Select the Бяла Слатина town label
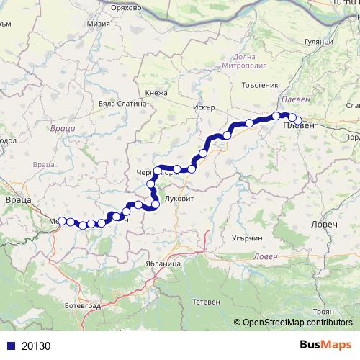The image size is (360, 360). click(x=122, y=103)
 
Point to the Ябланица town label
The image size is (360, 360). click(x=163, y=264)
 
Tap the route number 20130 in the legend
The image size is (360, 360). click(x=35, y=346)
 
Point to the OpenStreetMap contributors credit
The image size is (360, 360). click(x=297, y=323)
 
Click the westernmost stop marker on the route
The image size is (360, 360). click(x=62, y=221)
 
